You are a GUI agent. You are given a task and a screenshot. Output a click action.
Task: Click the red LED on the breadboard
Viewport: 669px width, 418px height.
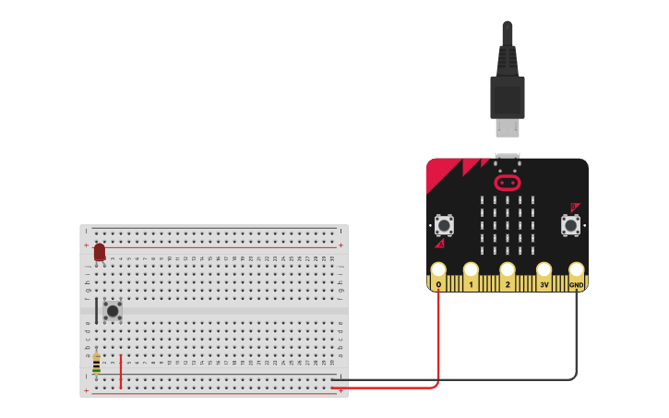tap(100, 252)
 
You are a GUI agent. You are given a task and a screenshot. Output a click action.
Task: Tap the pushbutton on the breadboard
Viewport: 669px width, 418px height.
tap(113, 311)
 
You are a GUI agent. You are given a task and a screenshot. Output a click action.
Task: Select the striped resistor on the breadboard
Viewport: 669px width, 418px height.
tap(96, 364)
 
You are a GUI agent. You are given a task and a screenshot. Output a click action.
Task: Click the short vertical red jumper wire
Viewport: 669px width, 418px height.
tap(120, 371)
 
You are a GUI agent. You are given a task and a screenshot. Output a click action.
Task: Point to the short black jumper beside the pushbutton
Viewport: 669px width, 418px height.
tap(96, 310)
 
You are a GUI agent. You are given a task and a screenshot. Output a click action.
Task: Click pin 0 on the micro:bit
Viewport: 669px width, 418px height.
tap(438, 274)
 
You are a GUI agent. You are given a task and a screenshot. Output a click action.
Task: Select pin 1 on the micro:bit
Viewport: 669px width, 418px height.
tap(471, 274)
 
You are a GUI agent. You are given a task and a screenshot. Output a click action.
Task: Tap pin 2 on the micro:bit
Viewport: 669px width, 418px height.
tap(507, 274)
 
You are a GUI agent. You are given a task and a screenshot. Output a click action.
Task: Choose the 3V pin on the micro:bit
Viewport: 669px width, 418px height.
tap(544, 274)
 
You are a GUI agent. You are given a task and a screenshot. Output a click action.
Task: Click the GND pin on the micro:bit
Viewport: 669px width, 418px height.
tap(576, 274)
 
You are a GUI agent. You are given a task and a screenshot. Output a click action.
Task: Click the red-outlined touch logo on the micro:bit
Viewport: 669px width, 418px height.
tap(507, 183)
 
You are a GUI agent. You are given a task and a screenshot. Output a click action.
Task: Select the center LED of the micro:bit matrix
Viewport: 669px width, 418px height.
tap(507, 225)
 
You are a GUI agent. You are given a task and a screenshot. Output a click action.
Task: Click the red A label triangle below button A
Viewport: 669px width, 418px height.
tap(440, 244)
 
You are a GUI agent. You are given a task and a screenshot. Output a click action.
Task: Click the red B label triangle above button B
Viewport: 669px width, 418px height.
tap(574, 208)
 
